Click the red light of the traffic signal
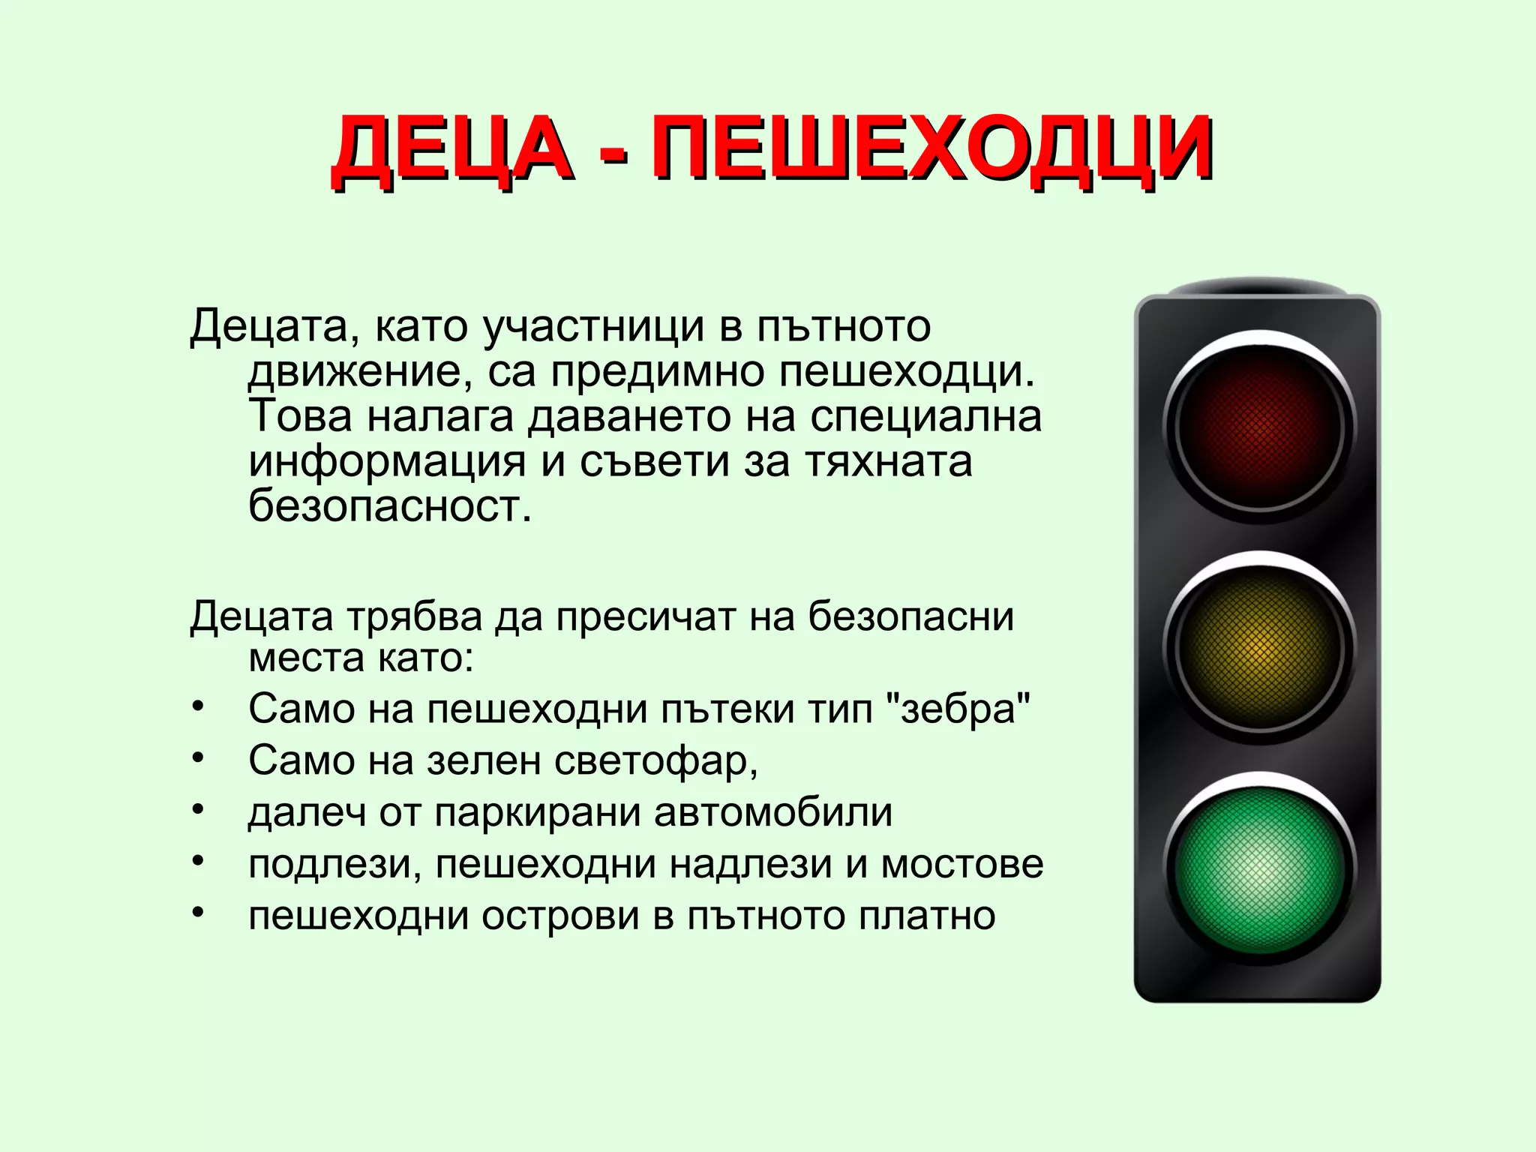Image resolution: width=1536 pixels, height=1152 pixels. click(x=1260, y=424)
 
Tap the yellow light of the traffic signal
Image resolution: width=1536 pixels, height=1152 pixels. click(x=1260, y=646)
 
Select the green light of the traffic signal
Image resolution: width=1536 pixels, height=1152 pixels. click(x=1260, y=867)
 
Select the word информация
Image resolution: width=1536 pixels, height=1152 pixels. click(x=387, y=462)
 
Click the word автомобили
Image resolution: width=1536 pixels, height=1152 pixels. click(x=773, y=812)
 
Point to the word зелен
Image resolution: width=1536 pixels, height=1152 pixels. click(x=484, y=760)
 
